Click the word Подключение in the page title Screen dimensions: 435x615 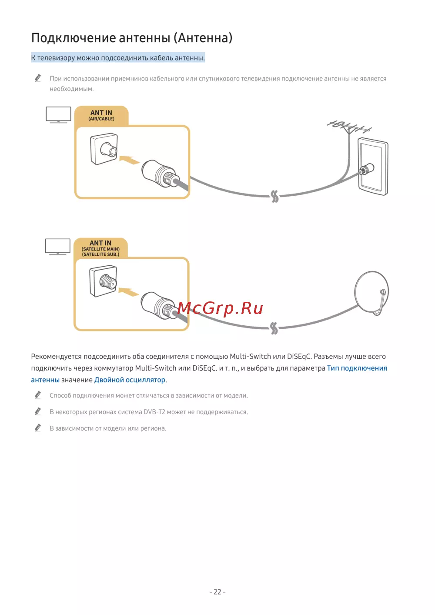tap(74, 38)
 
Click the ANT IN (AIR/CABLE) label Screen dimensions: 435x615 tap(101, 115)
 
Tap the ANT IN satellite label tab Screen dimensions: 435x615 tap(100, 248)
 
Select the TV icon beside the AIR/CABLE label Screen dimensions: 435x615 tap(58, 114)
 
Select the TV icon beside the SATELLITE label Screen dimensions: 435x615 tap(58, 247)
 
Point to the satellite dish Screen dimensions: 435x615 tap(371, 292)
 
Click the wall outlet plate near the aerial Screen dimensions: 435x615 tap(373, 167)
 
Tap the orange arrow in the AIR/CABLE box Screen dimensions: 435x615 tap(130, 160)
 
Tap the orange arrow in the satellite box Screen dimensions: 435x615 tap(129, 292)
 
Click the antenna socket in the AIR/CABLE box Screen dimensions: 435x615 tap(104, 149)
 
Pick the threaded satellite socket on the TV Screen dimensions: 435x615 tap(103, 281)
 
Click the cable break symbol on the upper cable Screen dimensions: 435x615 tap(274, 196)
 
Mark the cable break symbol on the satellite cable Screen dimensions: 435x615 tap(274, 328)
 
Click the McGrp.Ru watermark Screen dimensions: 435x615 tap(220, 308)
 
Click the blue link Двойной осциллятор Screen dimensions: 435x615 tap(130, 380)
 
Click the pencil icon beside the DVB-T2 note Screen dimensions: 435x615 tap(38, 411)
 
